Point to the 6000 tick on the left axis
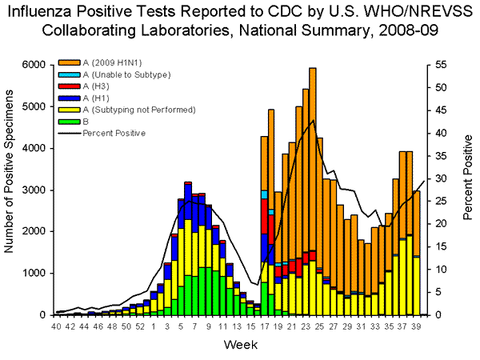[36, 65]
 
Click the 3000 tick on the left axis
[36, 190]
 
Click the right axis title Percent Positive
[468, 190]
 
